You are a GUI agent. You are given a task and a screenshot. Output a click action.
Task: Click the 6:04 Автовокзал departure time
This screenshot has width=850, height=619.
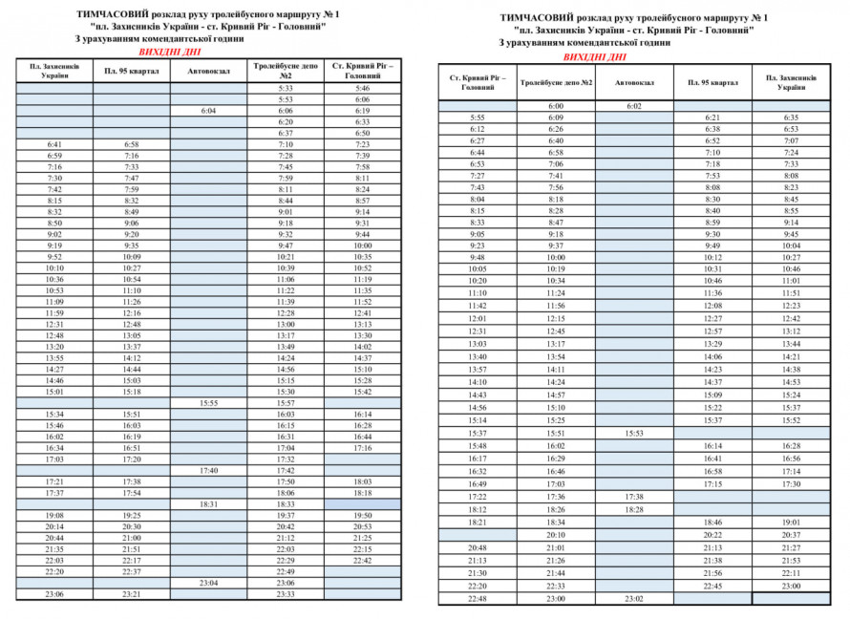[208, 111]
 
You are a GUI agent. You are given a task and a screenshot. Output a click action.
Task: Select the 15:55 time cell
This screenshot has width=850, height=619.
[208, 403]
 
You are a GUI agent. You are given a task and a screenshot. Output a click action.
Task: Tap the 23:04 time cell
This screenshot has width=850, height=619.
[208, 582]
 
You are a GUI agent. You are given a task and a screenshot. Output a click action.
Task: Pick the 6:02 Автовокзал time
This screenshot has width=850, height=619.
[634, 106]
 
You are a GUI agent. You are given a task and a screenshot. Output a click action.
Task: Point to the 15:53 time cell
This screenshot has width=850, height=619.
[634, 433]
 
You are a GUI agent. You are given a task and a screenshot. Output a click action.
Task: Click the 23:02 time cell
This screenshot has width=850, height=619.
[634, 598]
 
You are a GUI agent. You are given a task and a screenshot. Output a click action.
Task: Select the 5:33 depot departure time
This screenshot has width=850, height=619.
[286, 88]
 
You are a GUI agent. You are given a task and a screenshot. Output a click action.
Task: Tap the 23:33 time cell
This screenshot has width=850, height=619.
[286, 593]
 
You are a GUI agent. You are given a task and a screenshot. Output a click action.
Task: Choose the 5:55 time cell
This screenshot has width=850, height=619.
[478, 117]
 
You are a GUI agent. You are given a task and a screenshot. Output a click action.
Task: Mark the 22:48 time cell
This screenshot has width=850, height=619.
[478, 598]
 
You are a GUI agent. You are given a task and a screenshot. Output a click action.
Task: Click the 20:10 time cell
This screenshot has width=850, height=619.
[556, 535]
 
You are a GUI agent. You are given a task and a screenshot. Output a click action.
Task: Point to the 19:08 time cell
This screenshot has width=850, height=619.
[54, 515]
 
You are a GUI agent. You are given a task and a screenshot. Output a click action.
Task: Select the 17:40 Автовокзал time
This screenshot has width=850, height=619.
[208, 470]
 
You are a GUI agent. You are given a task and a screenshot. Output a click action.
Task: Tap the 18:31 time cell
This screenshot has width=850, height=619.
[208, 503]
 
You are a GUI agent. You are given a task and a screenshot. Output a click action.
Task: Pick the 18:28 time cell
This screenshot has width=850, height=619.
[634, 509]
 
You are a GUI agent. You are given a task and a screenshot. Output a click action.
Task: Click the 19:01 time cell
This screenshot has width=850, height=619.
[791, 523]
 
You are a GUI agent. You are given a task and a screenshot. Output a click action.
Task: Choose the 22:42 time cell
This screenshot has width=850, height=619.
[362, 560]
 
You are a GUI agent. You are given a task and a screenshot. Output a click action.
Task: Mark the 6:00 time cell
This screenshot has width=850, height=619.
[556, 106]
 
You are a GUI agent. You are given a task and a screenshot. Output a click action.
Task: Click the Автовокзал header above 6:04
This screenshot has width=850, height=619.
[208, 71]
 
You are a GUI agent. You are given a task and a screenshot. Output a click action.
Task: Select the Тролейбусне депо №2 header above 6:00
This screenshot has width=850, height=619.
[556, 82]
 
